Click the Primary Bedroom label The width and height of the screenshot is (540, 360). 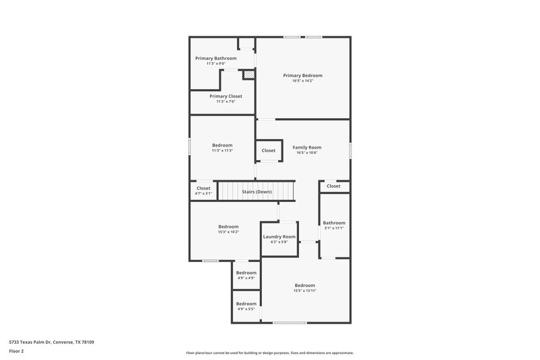pyautogui.click(x=302, y=75)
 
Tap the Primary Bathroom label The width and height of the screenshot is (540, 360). pyautogui.click(x=216, y=58)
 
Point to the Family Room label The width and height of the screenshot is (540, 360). pyautogui.click(x=306, y=147)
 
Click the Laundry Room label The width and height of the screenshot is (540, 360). pyautogui.click(x=279, y=236)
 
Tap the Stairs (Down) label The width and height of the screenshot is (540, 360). pyautogui.click(x=257, y=192)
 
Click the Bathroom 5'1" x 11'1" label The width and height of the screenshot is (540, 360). pyautogui.click(x=334, y=223)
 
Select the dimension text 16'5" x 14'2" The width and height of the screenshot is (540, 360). pyautogui.click(x=302, y=81)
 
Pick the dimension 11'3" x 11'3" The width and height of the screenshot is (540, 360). pyautogui.click(x=222, y=151)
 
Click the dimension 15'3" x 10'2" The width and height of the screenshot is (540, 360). pyautogui.click(x=228, y=232)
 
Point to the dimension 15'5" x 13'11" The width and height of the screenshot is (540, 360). pyautogui.click(x=305, y=291)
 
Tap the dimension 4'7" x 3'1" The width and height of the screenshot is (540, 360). pyautogui.click(x=203, y=194)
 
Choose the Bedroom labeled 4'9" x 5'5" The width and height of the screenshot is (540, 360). pyautogui.click(x=246, y=304)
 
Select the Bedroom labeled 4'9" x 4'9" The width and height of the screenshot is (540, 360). pyautogui.click(x=246, y=273)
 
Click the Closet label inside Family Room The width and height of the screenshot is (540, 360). pyautogui.click(x=269, y=151)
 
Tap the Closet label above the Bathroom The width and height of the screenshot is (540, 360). pyautogui.click(x=333, y=186)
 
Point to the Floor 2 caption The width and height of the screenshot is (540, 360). pyautogui.click(x=16, y=351)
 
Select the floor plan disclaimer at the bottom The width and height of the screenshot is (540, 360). pyautogui.click(x=270, y=353)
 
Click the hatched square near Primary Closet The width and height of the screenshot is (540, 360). pyautogui.click(x=248, y=75)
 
